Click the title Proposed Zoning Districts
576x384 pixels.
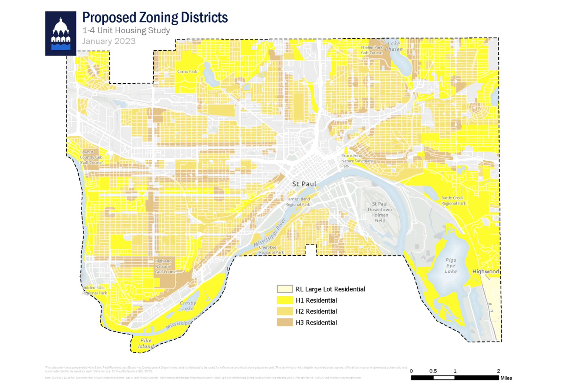155,18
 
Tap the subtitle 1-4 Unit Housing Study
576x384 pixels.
126,31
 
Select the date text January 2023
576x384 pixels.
109,41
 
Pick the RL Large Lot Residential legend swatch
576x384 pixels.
284,289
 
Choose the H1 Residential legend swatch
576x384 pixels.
284,300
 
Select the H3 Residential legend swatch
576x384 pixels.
284,322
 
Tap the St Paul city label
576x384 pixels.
304,184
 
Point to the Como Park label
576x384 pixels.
187,71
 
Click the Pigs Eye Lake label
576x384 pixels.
451,266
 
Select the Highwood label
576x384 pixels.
485,271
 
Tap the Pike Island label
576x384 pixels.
146,343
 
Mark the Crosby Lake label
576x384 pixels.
188,306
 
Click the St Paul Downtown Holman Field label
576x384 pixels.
380,212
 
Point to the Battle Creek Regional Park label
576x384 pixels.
453,201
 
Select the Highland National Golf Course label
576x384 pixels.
165,266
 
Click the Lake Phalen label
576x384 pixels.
394,46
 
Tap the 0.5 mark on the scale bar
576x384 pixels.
433,371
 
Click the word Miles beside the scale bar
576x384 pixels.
506,378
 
